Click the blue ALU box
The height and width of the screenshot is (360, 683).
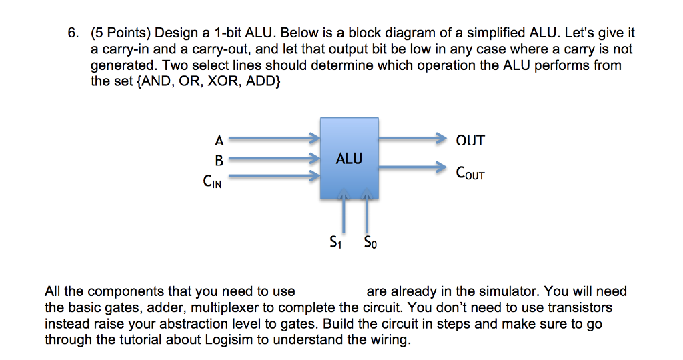pos(349,159)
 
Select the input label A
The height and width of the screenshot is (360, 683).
pos(219,140)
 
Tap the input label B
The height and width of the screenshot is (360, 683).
pos(219,160)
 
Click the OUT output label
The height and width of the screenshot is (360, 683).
pos(470,141)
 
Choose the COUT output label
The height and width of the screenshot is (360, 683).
pos(470,174)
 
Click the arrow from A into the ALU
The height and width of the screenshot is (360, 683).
pos(274,139)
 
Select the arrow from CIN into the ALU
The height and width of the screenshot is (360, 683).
pos(274,177)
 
